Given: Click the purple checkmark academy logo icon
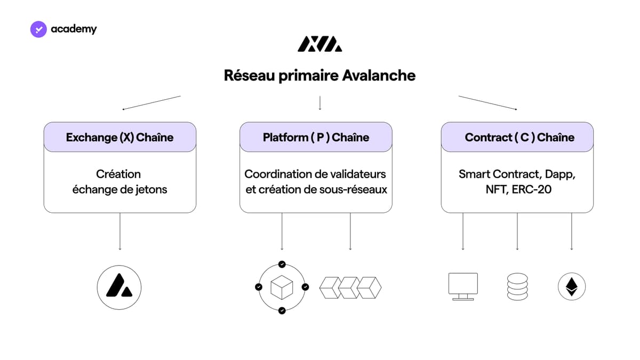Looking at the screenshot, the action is (x=38, y=29).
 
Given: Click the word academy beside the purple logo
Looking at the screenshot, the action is (x=74, y=29).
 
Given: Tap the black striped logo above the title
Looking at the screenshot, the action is (x=319, y=44).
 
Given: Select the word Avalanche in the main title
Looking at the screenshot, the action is (x=379, y=76).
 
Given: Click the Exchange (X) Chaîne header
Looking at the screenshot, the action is (x=119, y=138).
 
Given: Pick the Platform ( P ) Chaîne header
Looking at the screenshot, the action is (x=316, y=138).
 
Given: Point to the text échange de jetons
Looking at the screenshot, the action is (x=119, y=190).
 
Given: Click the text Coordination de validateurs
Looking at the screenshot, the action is (x=315, y=174).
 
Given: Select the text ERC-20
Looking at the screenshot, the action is (x=532, y=189).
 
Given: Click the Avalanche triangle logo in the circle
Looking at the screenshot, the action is (x=119, y=287).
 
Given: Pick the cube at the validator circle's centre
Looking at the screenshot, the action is (x=282, y=287).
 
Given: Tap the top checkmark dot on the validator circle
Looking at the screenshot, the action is (x=282, y=265).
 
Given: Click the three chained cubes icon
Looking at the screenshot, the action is (x=350, y=287).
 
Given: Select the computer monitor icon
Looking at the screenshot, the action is (x=463, y=286).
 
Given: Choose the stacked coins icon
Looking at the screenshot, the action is (x=517, y=286).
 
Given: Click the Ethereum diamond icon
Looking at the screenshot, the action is (x=572, y=286).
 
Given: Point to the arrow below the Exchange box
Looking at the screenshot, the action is (x=120, y=231).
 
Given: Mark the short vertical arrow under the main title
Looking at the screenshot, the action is (x=320, y=103).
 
